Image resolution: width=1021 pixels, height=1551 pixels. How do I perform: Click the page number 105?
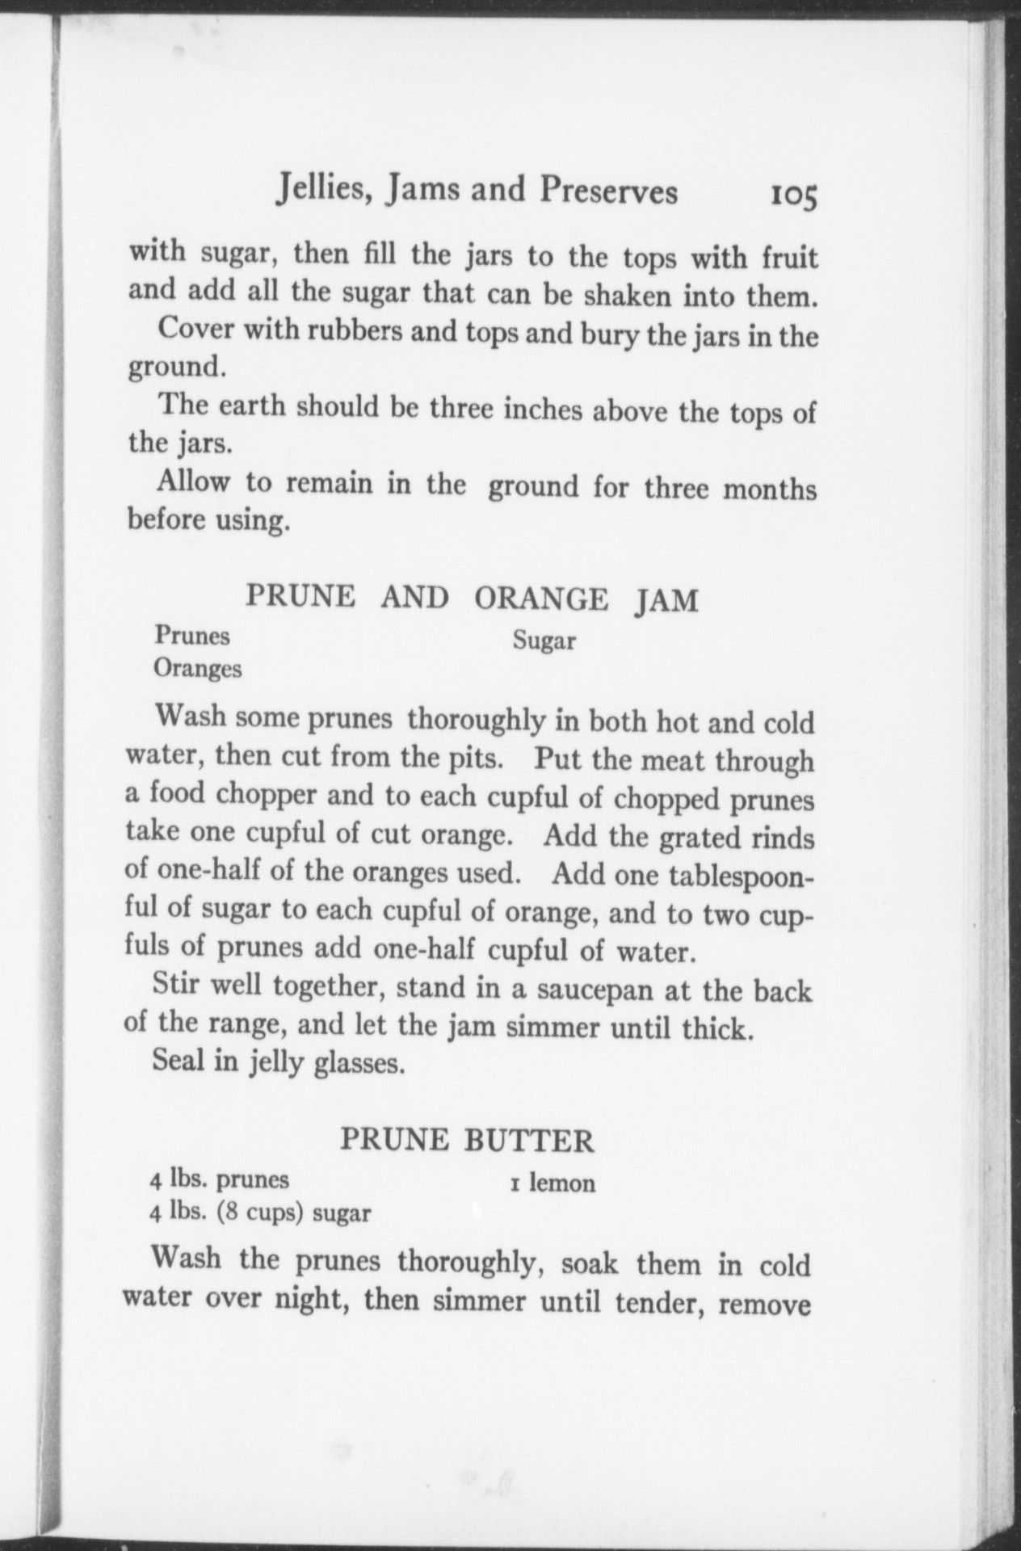pyautogui.click(x=794, y=196)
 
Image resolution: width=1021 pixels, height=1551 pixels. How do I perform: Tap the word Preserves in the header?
pyautogui.click(x=609, y=191)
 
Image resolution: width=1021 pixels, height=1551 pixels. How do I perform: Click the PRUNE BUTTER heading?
pyautogui.click(x=467, y=1140)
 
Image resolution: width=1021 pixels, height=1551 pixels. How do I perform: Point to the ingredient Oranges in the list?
pyautogui.click(x=198, y=669)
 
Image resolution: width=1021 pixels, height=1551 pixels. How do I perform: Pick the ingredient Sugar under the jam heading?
pyautogui.click(x=544, y=641)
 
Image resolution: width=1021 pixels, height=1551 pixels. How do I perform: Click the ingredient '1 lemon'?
pyautogui.click(x=553, y=1183)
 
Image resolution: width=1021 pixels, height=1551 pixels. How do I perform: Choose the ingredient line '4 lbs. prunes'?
pyautogui.click(x=220, y=1179)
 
